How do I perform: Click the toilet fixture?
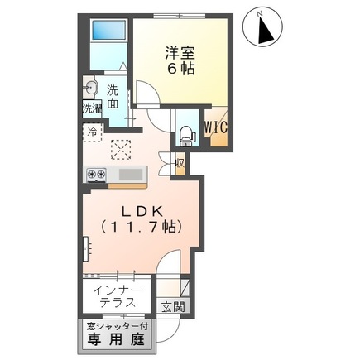(184, 131)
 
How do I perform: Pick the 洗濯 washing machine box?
(90, 109)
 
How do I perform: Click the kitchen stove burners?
(95, 175)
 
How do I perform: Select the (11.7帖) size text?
(140, 227)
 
